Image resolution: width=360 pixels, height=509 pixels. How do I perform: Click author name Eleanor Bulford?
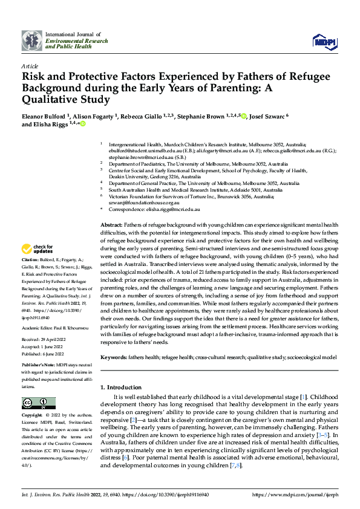click(x=46, y=116)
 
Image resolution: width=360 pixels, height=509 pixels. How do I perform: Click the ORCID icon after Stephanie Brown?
click(x=244, y=116)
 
